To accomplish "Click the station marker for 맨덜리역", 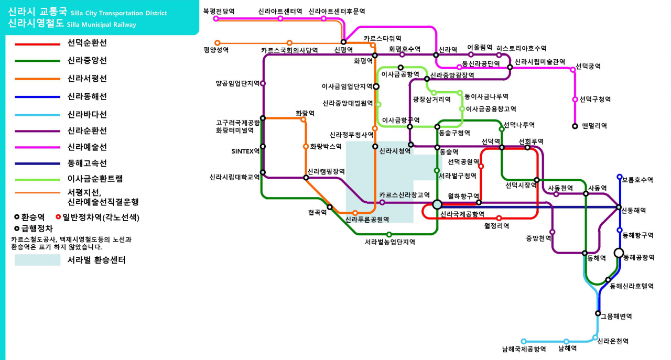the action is [575, 126].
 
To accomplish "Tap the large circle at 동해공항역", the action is [619, 253].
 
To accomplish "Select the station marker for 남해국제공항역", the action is [523, 342].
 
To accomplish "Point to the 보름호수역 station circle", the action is [620, 177].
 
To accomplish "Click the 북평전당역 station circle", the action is [215, 18].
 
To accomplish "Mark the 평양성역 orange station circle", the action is [218, 43].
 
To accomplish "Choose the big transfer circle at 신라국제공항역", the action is [437, 204].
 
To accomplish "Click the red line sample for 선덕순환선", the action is [37, 45].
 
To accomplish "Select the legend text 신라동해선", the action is [87, 96].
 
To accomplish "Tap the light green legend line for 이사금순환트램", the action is [37, 180].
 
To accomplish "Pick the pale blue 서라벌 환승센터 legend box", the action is [37, 260].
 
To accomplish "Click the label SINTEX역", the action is [245, 151].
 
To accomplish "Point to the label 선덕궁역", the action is [588, 66].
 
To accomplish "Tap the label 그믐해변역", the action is [616, 317].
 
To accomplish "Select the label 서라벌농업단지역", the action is [389, 242].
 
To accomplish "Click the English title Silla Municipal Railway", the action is [102, 25].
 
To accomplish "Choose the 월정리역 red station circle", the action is [499, 218].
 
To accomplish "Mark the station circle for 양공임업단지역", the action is [263, 83].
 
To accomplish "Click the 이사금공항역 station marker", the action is [401, 68].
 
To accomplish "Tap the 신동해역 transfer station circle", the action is [619, 207].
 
